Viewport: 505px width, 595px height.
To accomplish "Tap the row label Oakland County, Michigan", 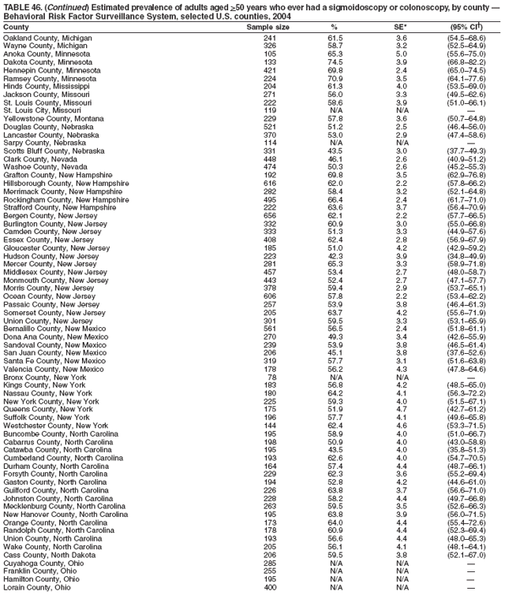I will pos(47,37).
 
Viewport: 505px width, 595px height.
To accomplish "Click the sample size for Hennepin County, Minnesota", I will pos(270,70).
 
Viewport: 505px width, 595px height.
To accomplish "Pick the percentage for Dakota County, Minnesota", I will pos(335,61).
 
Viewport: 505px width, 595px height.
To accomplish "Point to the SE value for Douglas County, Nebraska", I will pos(402,127).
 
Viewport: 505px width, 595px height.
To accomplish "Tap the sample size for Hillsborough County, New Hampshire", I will pos(270,183).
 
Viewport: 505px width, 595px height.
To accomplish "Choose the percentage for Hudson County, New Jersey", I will pos(335,256).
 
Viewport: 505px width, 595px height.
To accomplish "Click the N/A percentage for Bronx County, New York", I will pos(335,377).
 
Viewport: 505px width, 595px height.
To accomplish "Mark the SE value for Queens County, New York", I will pos(402,410).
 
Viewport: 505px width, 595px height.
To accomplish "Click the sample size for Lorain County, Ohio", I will pos(270,588).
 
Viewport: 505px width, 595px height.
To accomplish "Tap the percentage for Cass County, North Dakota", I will pos(335,556).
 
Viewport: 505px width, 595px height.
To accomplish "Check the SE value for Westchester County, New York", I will pos(402,426).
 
